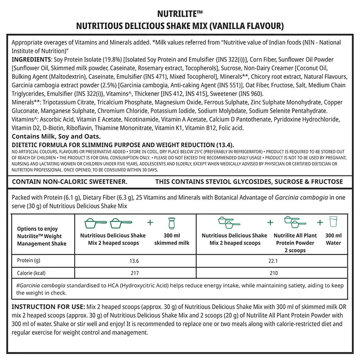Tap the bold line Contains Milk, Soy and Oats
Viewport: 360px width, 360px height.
tap(56, 136)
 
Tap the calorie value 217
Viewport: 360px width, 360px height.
tap(134, 273)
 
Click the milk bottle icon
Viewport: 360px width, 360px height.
tap(171, 223)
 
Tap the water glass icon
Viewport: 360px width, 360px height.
tap(333, 222)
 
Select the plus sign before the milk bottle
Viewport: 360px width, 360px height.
tap(150, 222)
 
